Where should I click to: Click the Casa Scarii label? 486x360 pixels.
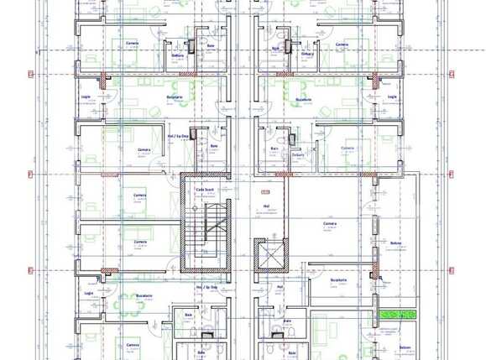point(205,190)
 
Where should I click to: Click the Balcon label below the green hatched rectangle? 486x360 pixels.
point(405,347)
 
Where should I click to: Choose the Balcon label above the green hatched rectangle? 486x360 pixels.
point(395,243)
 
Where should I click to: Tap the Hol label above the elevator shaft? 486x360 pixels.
point(266,206)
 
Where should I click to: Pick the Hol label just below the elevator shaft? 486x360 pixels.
point(280,286)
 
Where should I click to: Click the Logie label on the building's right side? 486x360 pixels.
point(392,97)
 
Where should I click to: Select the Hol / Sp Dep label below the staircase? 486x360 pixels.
point(206,287)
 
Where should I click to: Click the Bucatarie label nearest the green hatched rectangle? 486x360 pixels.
point(338,280)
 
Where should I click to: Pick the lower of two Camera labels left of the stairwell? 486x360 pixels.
point(139,242)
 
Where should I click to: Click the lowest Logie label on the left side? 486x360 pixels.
point(88,294)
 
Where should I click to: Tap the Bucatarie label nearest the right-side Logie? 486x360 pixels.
point(326,97)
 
